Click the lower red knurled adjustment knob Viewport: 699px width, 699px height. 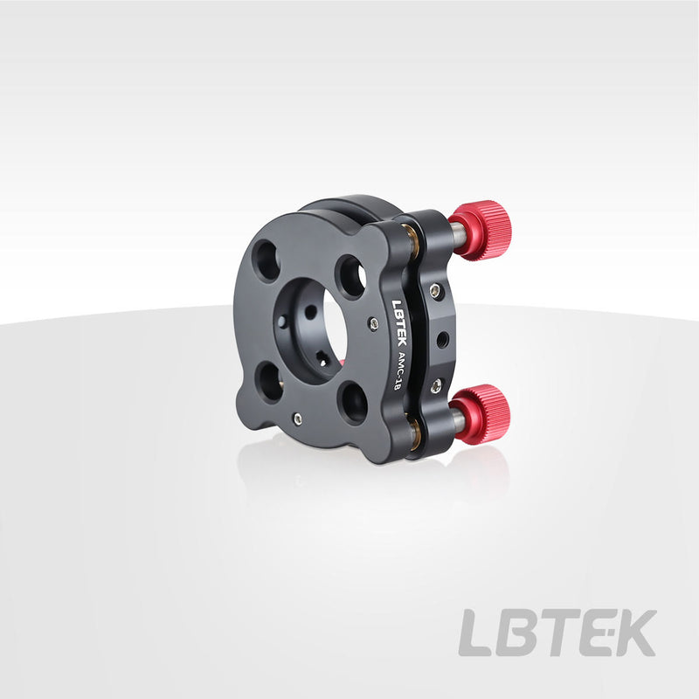[x=482, y=412]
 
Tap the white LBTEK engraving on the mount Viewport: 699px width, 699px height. [x=399, y=322]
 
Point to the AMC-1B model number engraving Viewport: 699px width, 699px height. [x=397, y=370]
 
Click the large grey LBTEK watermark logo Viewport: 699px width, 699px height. [x=557, y=632]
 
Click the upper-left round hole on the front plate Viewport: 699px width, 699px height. [x=266, y=260]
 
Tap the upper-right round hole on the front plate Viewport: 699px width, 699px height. [x=351, y=276]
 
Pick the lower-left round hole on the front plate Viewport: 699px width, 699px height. [x=271, y=383]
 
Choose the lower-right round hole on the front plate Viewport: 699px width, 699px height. [x=353, y=403]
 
